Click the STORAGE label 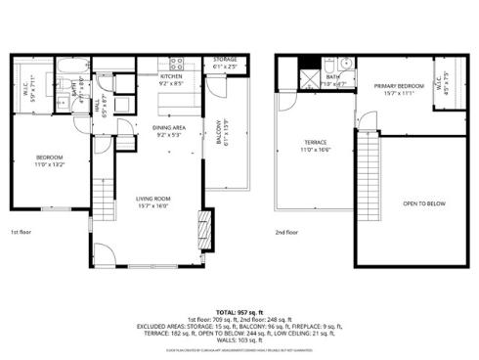pos(224,60)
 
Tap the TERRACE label pos(314,144)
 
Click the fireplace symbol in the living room pos(202,226)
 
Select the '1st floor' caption pos(22,233)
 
